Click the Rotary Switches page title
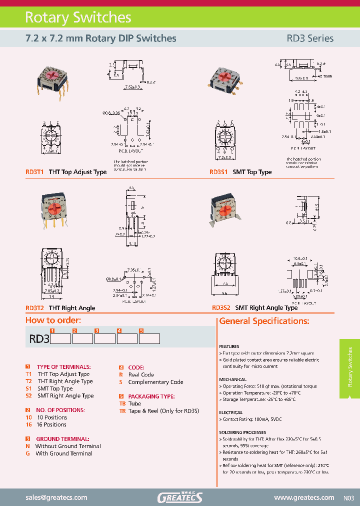(78, 17)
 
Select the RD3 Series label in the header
(309, 38)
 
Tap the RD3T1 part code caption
(35, 172)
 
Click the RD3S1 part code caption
(218, 172)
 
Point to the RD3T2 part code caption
(35, 308)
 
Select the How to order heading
(53, 320)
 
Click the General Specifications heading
(264, 321)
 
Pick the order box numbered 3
(104, 339)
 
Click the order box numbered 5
(149, 339)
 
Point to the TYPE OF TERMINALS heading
(64, 367)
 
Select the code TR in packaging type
(122, 410)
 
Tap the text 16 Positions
(52, 424)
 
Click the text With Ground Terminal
(64, 453)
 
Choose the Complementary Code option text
(155, 382)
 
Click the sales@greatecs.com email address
(56, 497)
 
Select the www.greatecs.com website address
(304, 497)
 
